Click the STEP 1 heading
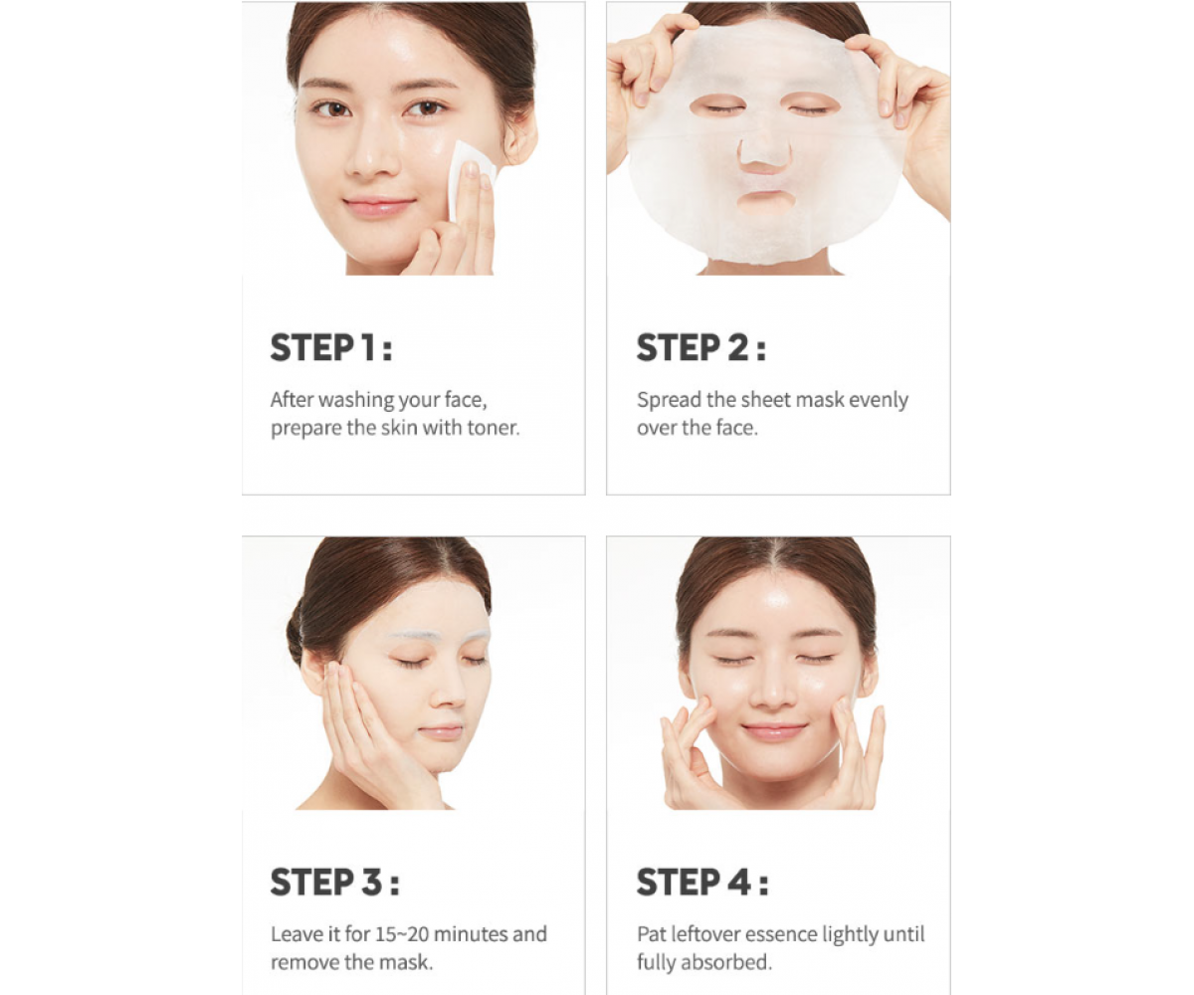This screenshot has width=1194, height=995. point(331,347)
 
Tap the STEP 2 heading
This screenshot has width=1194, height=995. point(701,347)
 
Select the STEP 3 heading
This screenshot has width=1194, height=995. point(334,882)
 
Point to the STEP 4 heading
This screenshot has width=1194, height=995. point(702,882)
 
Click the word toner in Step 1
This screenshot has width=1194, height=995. point(494,428)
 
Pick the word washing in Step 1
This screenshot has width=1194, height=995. point(356,400)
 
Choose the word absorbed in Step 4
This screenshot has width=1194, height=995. point(737,962)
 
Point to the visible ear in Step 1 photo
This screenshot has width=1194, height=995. point(519,136)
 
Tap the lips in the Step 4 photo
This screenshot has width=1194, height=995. point(773,730)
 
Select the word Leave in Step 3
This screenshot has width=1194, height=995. point(297,934)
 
